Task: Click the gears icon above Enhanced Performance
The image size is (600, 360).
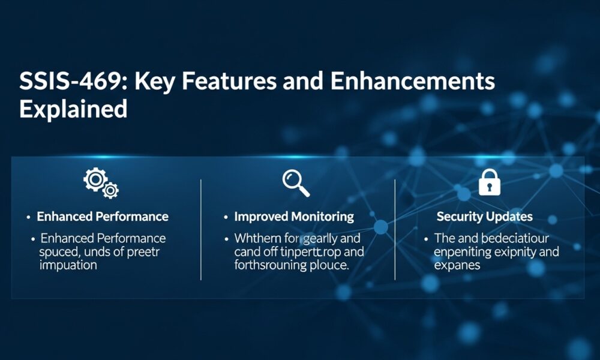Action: (101, 184)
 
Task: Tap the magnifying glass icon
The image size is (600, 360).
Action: (296, 183)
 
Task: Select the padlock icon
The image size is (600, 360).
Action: (489, 182)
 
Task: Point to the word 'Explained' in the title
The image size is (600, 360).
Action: (73, 109)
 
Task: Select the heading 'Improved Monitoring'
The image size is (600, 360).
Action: (294, 217)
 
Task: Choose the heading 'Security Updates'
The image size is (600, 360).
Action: (485, 217)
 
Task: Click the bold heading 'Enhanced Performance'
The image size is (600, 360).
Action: (103, 217)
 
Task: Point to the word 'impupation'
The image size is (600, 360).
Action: (68, 265)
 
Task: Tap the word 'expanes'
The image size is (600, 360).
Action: (457, 265)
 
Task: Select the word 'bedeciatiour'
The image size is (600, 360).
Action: (512, 238)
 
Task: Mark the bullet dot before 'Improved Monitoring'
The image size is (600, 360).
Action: (226, 217)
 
